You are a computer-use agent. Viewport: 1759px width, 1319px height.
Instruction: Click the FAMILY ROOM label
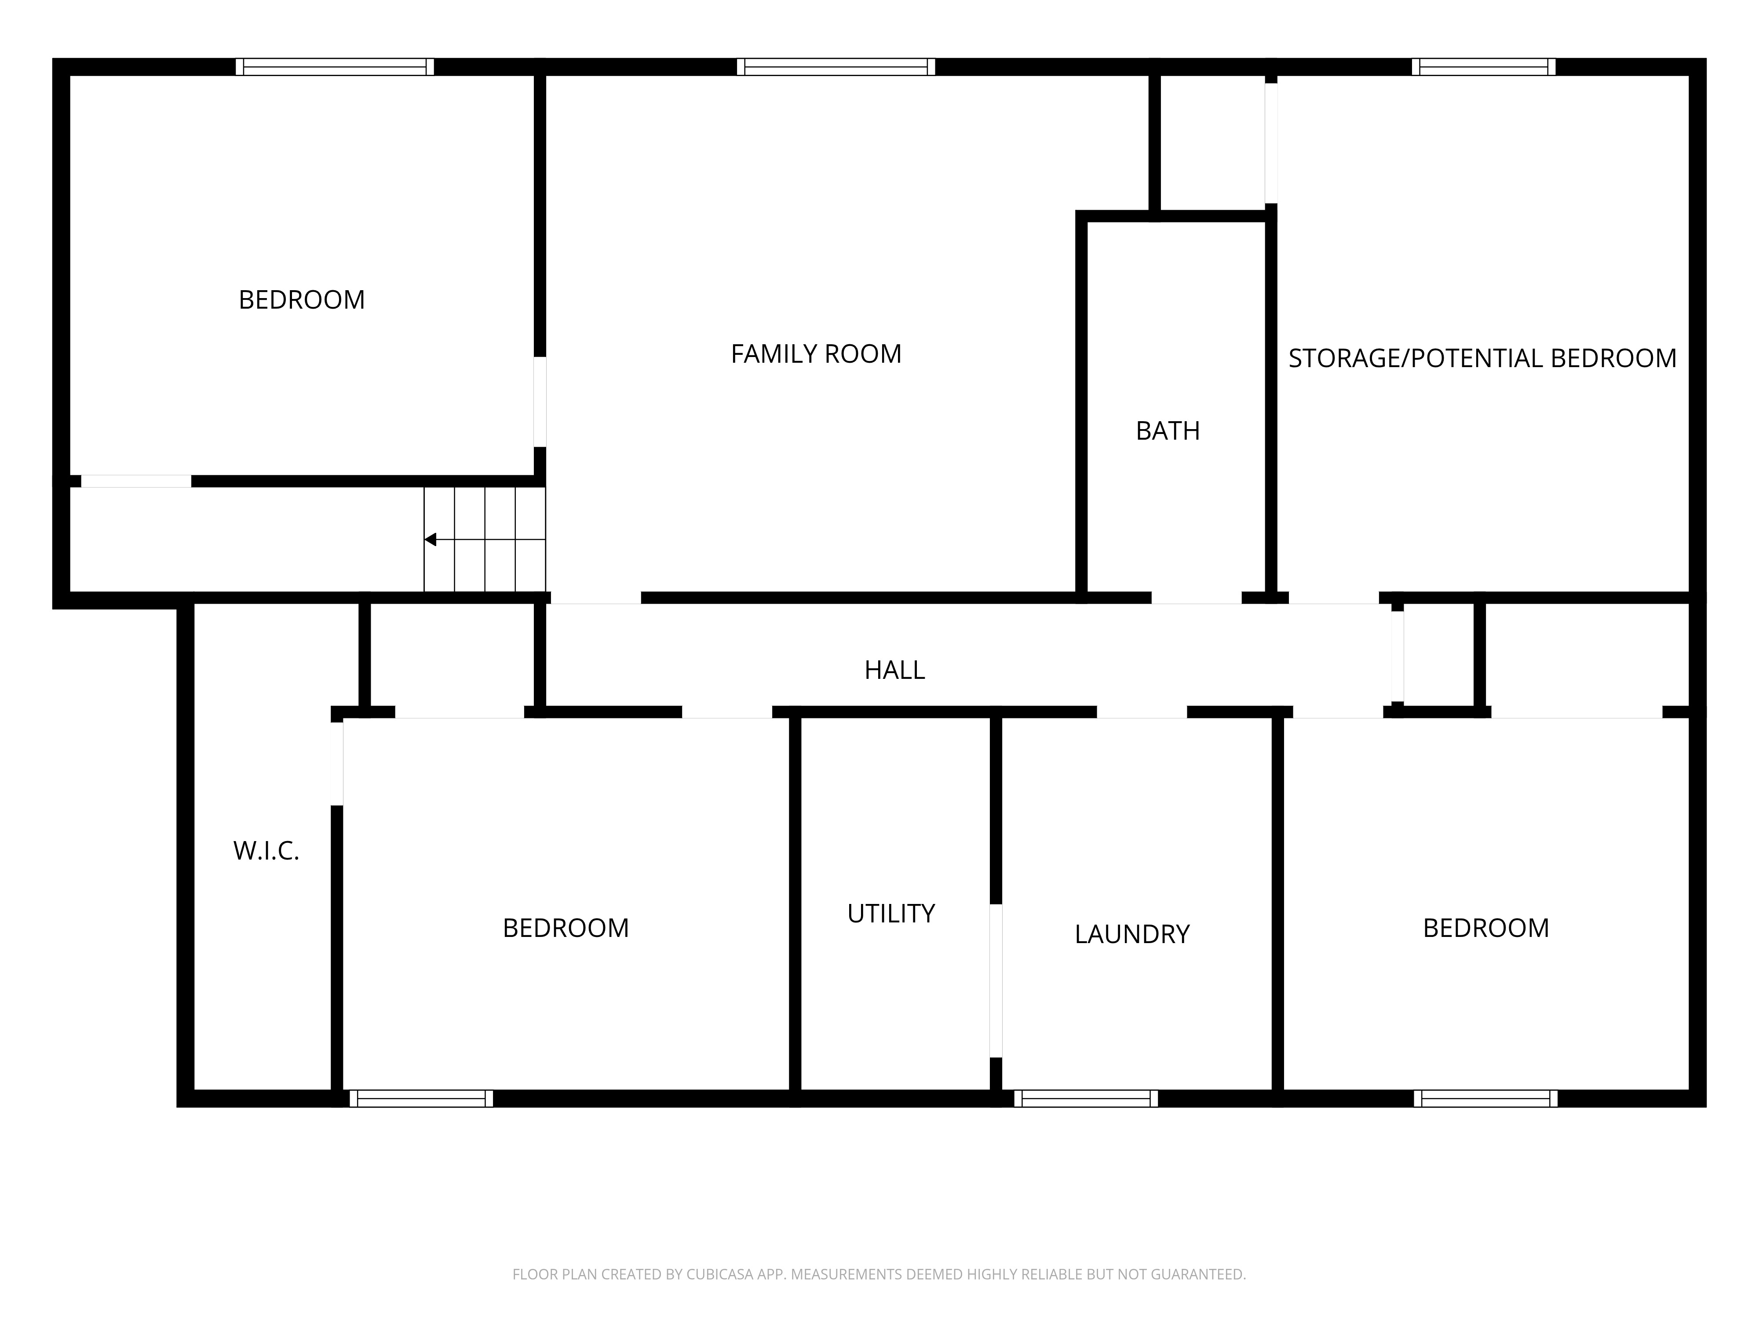[816, 354]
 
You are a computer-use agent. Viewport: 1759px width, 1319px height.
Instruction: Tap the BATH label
[1168, 431]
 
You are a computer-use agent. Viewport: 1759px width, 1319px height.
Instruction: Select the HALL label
[894, 670]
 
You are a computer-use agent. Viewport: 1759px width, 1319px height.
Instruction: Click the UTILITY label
[890, 914]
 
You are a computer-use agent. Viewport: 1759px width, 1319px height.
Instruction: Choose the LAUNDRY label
[1131, 934]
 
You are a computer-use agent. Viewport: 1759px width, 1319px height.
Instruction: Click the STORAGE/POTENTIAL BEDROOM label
[1482, 359]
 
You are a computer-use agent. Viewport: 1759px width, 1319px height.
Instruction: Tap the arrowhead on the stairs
[430, 540]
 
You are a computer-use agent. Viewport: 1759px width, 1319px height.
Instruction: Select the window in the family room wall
[836, 67]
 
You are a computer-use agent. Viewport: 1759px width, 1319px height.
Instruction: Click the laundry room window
[1086, 1099]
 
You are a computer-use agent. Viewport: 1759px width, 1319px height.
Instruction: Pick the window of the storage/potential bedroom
[1484, 67]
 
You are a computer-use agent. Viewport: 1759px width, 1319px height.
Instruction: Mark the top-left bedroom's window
[335, 67]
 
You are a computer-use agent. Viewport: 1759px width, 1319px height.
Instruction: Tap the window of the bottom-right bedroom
[1485, 1099]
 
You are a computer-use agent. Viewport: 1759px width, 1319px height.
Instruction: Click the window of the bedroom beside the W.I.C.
[421, 1099]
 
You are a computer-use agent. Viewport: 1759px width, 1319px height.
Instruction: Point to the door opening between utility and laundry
[996, 980]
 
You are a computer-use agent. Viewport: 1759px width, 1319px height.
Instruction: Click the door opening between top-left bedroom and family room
[540, 401]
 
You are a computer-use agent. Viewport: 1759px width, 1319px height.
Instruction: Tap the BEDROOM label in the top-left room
[301, 300]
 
